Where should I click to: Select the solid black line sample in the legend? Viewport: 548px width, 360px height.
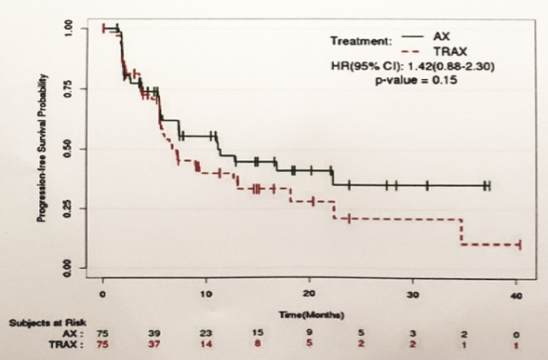[x=409, y=36]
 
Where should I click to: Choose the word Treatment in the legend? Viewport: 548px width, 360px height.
[x=358, y=41]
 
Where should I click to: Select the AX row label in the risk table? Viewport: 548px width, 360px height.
[x=71, y=333]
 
